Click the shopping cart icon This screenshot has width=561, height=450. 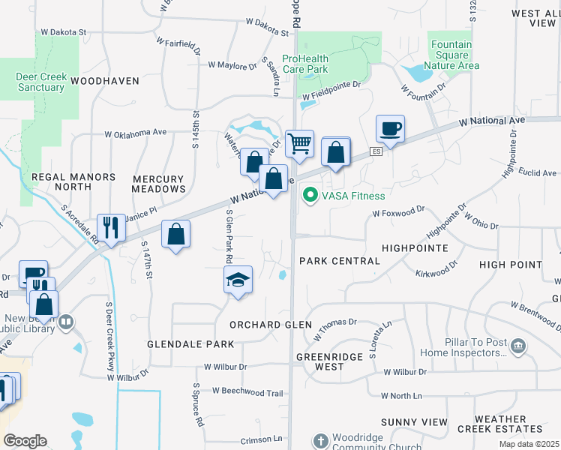point(299,142)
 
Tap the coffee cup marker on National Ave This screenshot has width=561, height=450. point(390,129)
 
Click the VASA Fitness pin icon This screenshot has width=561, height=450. point(308,196)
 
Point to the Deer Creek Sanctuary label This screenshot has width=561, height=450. point(40,82)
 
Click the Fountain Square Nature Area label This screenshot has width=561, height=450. point(451,55)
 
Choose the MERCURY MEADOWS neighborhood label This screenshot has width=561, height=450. point(158,184)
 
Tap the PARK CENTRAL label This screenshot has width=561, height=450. point(340,261)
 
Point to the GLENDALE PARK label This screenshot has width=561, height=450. point(190,344)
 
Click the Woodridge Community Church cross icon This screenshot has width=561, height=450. point(320,440)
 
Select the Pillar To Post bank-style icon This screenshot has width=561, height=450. point(518,346)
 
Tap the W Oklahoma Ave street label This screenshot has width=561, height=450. point(136,133)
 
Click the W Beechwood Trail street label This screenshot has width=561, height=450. point(247,391)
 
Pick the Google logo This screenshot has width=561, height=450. point(25,441)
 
